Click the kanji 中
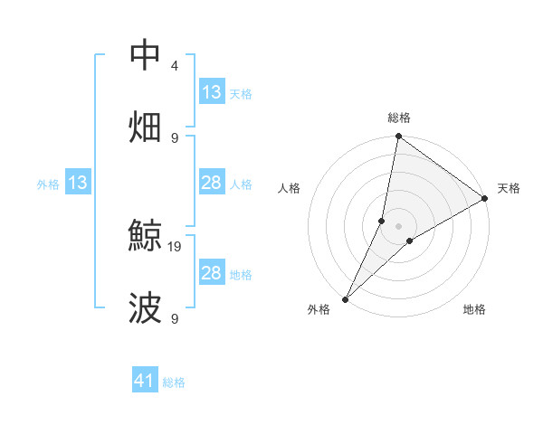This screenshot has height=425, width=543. (x=146, y=56)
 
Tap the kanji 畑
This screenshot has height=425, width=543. (x=146, y=126)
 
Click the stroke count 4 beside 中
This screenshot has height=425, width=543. (x=175, y=66)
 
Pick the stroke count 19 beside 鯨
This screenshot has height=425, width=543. (x=176, y=245)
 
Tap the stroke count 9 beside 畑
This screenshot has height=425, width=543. (x=175, y=137)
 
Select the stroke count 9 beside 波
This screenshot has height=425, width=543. (x=175, y=319)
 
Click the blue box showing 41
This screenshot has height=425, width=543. (x=145, y=381)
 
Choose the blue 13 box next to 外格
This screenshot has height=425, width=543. (x=78, y=184)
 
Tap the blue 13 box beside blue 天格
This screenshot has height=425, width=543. (x=212, y=92)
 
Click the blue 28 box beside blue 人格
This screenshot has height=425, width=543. (x=212, y=184)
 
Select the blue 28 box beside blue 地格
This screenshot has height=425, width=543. (x=212, y=273)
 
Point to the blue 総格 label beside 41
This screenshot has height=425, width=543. (x=174, y=382)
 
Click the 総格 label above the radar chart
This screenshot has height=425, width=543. (x=399, y=118)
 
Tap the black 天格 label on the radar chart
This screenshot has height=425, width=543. (x=509, y=188)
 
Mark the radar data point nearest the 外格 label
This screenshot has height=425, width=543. (x=346, y=298)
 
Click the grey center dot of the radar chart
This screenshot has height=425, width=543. (x=399, y=225)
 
